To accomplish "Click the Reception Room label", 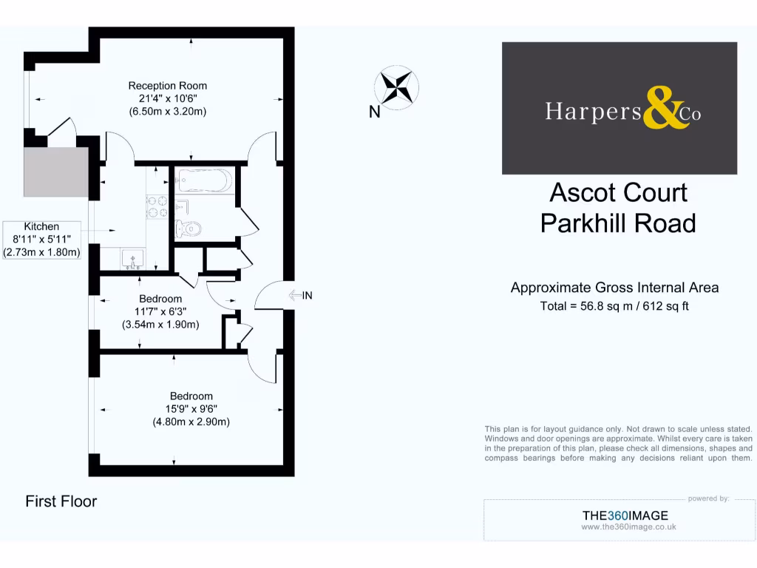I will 167,86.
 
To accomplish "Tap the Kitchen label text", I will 41,226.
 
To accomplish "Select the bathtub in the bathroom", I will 205,180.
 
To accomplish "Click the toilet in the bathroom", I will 189,229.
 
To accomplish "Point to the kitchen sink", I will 134,259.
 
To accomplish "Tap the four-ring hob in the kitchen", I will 157,206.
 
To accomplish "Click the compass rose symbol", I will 397,87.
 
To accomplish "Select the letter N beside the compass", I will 375,112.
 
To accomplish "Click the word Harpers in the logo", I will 593,111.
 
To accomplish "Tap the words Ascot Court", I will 618,192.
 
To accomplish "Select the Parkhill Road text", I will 618,223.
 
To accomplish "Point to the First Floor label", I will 61,501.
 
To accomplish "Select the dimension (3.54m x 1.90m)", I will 160,324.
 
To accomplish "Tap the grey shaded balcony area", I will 55,172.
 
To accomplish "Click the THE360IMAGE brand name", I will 625,515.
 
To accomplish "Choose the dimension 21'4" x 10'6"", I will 167,98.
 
